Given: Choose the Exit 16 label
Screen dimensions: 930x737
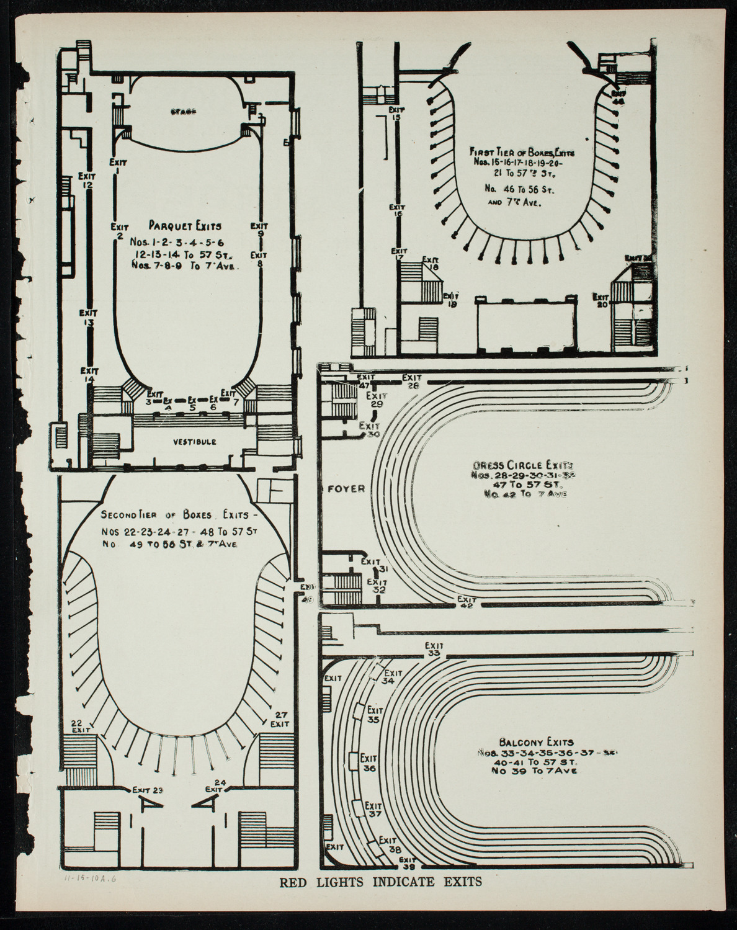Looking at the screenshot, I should pos(397,211).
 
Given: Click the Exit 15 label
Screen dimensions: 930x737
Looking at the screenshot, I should pos(397,113).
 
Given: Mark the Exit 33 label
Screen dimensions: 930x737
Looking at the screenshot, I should pos(434,649).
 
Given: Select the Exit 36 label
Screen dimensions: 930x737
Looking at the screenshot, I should pos(370,762).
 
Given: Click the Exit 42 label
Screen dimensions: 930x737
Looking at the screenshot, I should pos(467,602).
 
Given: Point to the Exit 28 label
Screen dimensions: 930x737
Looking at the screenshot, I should pos(412,380).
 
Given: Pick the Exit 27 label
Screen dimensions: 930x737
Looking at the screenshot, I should pos(280,718).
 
